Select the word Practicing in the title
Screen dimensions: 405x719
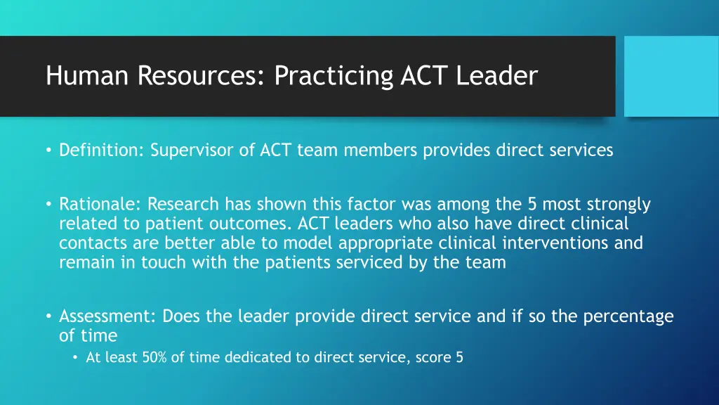[334, 75]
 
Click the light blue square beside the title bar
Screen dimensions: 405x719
[671, 76]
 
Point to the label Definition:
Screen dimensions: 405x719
[103, 150]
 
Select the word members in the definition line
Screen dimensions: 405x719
[388, 150]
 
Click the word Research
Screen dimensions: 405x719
[183, 205]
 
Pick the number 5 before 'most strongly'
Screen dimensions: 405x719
[533, 205]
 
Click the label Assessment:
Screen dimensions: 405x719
[107, 316]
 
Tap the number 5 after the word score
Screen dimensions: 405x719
[459, 357]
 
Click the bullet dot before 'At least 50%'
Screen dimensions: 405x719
[76, 358]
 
